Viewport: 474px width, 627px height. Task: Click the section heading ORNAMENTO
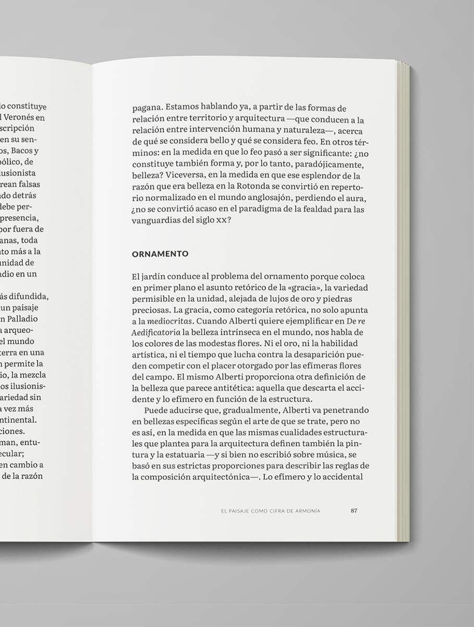pyautogui.click(x=160, y=254)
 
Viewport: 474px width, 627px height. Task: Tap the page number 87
pyautogui.click(x=354, y=511)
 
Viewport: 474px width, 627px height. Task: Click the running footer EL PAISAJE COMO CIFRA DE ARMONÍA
pyautogui.click(x=271, y=511)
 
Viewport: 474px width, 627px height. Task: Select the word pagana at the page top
pyautogui.click(x=147, y=108)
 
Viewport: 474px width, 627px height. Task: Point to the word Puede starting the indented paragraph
pyautogui.click(x=155, y=411)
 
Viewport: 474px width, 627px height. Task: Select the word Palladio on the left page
pyautogui.click(x=23, y=319)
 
